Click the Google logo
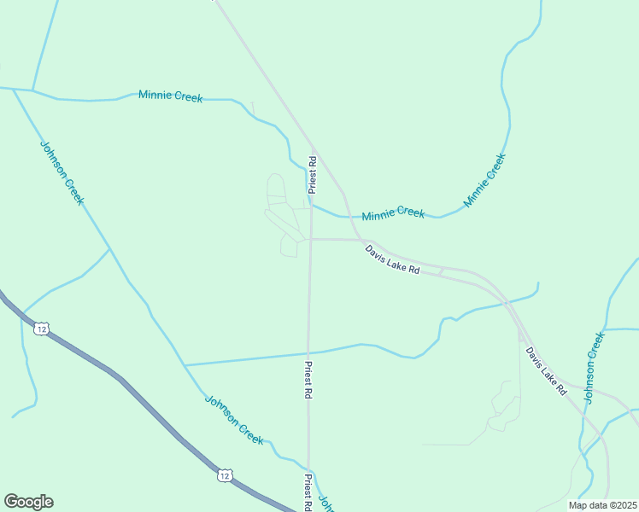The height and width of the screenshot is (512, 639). (x=29, y=502)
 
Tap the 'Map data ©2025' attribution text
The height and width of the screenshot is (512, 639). (x=602, y=505)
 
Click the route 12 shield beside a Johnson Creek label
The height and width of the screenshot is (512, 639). (x=224, y=474)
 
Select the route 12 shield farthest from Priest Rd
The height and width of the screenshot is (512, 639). (x=41, y=329)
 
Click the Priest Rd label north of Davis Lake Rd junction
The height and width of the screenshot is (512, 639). (x=314, y=172)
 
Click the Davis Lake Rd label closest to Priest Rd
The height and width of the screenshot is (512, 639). (x=392, y=259)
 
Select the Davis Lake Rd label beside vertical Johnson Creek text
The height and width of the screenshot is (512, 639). (x=546, y=369)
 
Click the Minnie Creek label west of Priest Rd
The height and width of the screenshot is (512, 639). (x=171, y=96)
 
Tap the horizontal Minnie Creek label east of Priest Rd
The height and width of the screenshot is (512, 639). (x=393, y=213)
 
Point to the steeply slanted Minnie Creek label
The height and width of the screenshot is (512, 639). (x=485, y=180)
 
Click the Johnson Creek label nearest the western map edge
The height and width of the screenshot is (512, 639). (x=62, y=172)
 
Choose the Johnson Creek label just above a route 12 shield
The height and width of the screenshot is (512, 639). (x=233, y=419)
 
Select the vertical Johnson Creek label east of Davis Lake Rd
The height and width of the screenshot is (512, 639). (x=595, y=366)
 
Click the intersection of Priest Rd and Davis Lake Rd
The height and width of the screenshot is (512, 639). (x=310, y=240)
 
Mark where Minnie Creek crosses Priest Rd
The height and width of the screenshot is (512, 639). (x=310, y=203)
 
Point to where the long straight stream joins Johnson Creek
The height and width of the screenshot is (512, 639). (x=185, y=365)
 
